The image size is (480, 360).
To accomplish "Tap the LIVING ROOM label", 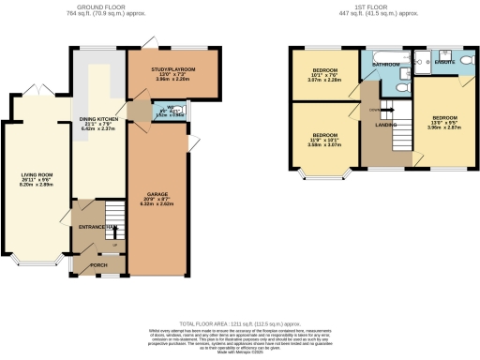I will pyautogui.click(x=35, y=173).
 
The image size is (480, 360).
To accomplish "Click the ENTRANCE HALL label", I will pyautogui.click(x=97, y=227).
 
